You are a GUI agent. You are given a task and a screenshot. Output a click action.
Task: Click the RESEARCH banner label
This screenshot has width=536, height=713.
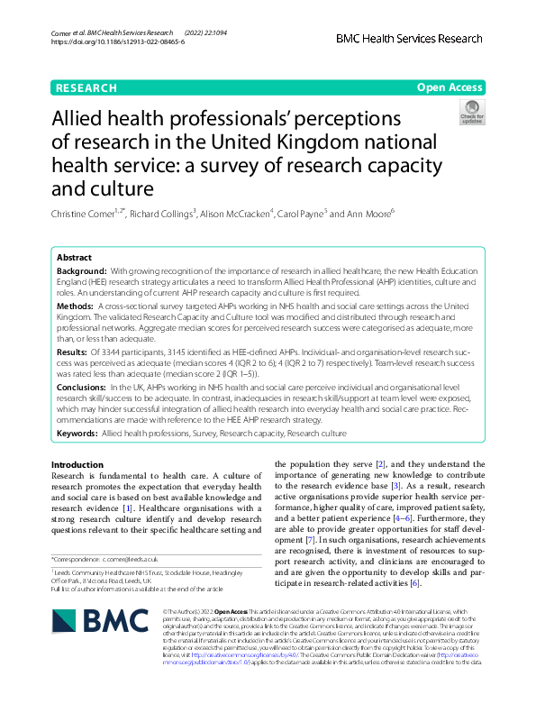86,88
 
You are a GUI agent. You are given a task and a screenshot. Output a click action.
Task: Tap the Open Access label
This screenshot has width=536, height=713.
450,88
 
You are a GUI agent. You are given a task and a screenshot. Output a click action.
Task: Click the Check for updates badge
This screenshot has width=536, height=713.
472,112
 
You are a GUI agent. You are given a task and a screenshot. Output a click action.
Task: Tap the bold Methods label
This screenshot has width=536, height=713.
75,306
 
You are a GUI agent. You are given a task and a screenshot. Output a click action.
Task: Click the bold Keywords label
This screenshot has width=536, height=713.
77,434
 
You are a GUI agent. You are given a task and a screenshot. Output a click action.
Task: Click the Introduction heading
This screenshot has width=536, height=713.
77,465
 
